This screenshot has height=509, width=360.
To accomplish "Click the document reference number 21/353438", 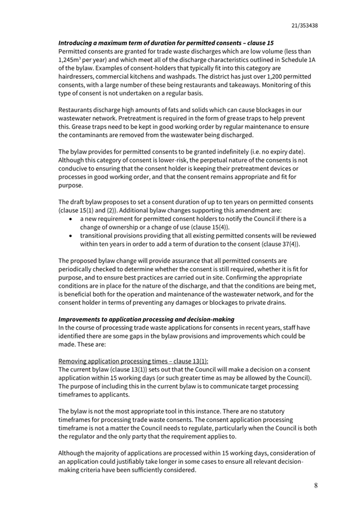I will (x=305, y=25).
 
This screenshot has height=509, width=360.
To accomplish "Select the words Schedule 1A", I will (x=295, y=60).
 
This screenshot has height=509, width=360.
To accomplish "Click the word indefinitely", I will (x=244, y=152).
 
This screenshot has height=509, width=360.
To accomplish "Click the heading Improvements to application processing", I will (x=146, y=319).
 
